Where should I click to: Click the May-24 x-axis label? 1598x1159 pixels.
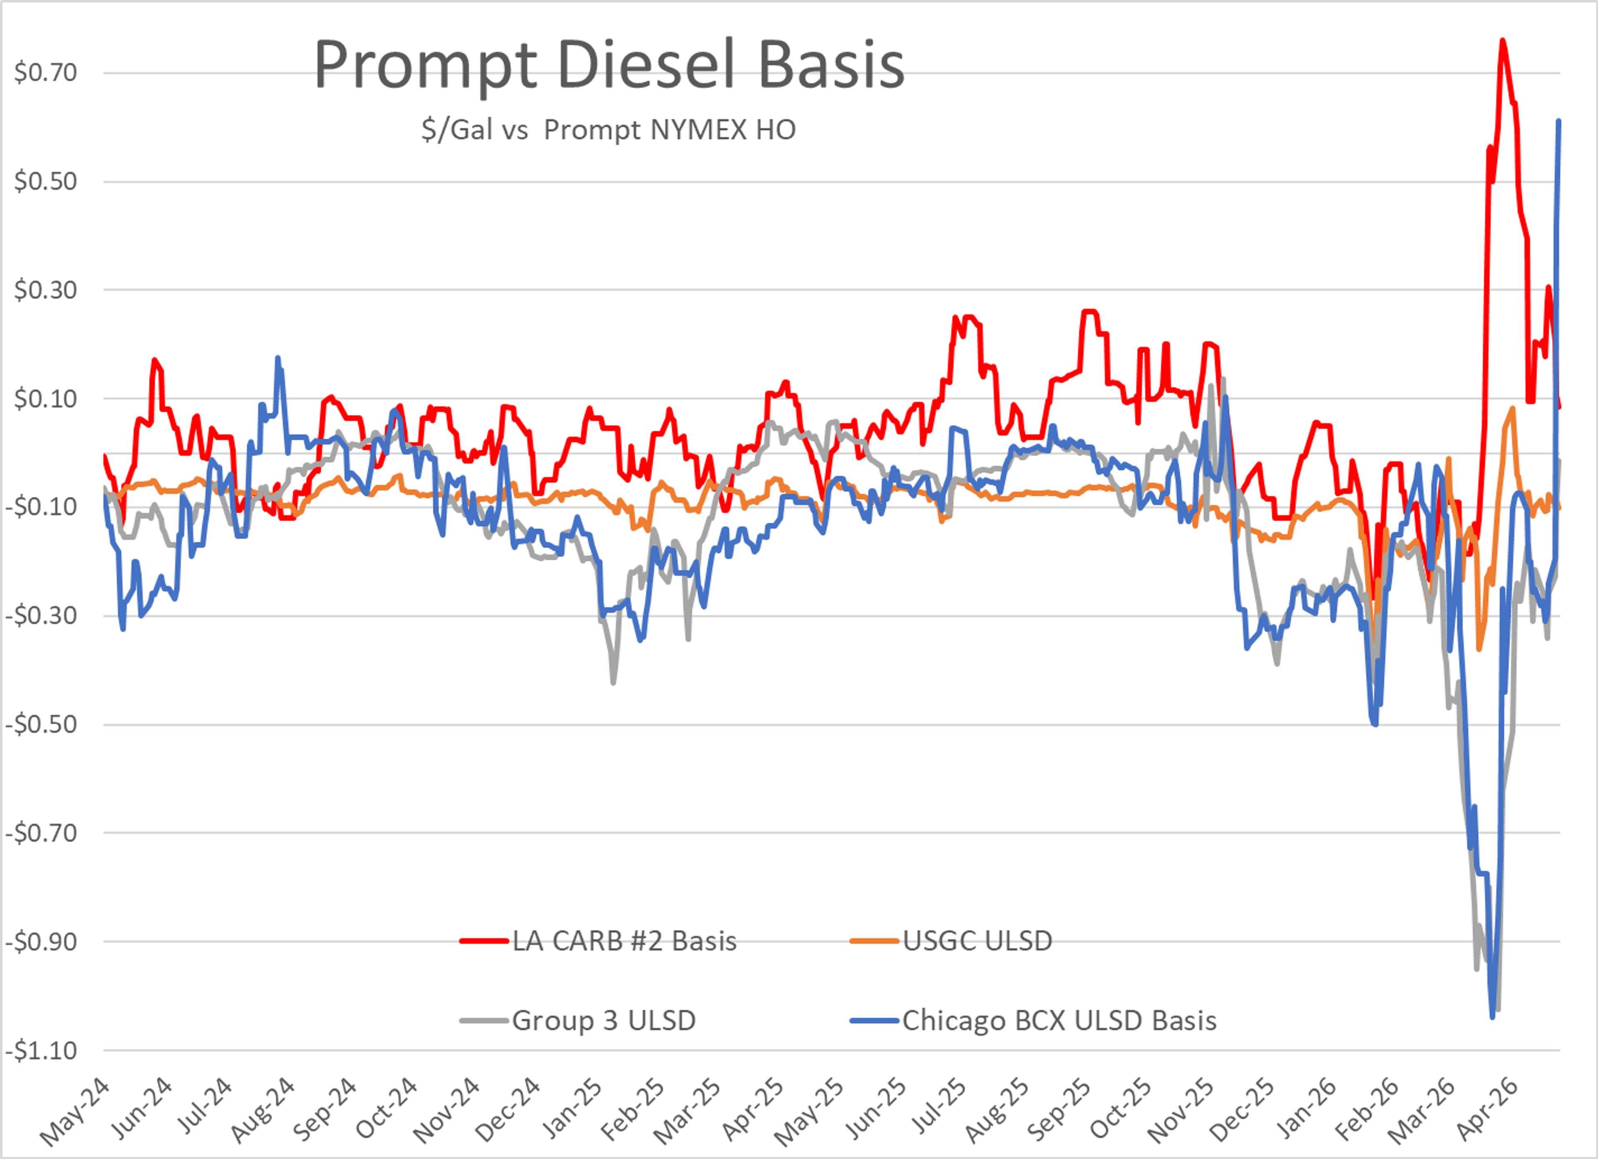pyautogui.click(x=74, y=1112)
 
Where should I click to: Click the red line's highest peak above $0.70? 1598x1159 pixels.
pyautogui.click(x=1502, y=40)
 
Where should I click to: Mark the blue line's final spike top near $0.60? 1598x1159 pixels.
pyautogui.click(x=1558, y=121)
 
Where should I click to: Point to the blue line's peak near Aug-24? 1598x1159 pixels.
pyautogui.click(x=278, y=358)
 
